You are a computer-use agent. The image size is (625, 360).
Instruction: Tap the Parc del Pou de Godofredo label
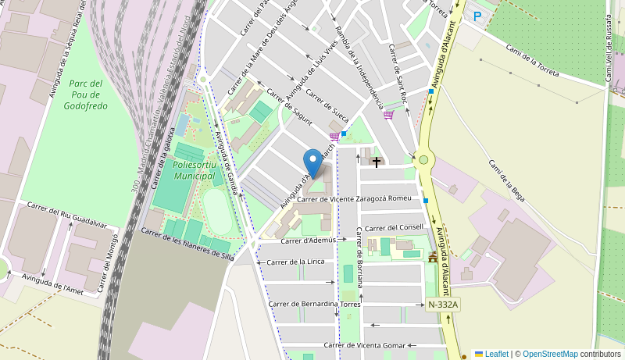[87, 94]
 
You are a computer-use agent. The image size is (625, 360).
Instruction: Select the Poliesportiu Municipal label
[194, 171]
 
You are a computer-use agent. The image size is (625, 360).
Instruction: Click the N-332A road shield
[443, 305]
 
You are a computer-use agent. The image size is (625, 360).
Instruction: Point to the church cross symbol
[377, 162]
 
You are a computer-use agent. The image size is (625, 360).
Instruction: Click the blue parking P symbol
[477, 16]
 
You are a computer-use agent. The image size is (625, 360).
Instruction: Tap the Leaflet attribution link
[496, 354]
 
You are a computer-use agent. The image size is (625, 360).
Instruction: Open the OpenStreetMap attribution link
[550, 354]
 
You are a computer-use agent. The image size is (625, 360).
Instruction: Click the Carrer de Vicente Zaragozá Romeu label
[354, 199]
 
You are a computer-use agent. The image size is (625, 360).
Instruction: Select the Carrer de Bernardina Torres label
[314, 304]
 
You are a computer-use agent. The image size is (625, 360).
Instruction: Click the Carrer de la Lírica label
[296, 262]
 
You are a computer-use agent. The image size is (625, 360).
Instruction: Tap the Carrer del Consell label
[394, 227]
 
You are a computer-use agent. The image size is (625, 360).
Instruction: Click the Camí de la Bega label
[506, 180]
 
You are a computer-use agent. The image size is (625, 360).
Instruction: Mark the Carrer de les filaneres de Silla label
[187, 244]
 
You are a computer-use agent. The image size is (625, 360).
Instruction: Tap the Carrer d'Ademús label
[309, 241]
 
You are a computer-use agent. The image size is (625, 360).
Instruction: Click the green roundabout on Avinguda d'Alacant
[423, 160]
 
